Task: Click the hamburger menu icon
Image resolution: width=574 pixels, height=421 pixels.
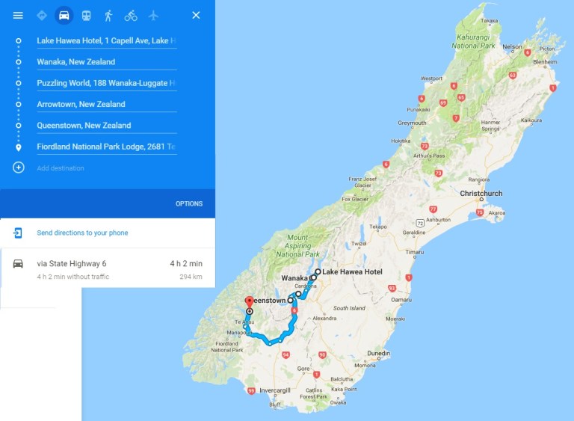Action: pyautogui.click(x=18, y=15)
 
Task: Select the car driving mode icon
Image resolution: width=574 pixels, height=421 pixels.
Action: pyautogui.click(x=64, y=15)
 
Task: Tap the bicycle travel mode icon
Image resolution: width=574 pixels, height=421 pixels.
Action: pyautogui.click(x=131, y=15)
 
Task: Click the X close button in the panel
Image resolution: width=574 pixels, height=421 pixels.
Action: pyautogui.click(x=196, y=15)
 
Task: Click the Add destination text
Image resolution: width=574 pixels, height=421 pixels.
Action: pyautogui.click(x=61, y=168)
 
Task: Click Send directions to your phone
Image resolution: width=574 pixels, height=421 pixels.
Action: pyautogui.click(x=82, y=233)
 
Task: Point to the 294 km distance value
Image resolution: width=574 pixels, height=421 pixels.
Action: pyautogui.click(x=191, y=276)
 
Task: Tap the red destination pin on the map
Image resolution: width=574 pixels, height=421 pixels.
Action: pyautogui.click(x=249, y=301)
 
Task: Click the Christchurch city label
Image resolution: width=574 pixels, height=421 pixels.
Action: pyautogui.click(x=481, y=194)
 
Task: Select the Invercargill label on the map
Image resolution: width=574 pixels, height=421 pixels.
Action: pyautogui.click(x=275, y=390)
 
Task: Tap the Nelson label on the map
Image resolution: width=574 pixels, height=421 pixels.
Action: pyautogui.click(x=513, y=46)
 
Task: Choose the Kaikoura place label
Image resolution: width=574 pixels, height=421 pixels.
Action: pyautogui.click(x=531, y=120)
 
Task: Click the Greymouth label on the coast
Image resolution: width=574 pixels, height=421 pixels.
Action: pyautogui.click(x=412, y=123)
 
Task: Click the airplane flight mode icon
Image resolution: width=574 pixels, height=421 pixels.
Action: pyautogui.click(x=153, y=15)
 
